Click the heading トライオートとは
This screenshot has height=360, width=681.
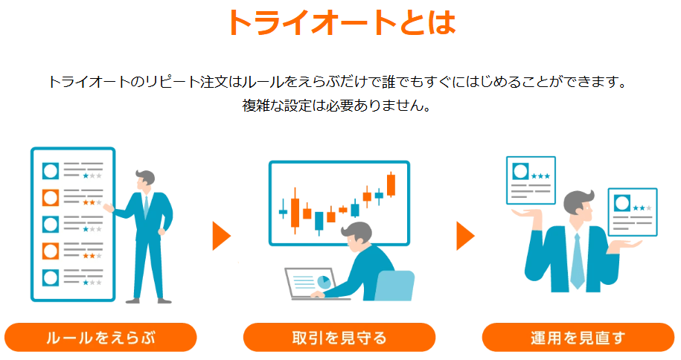point(339,23)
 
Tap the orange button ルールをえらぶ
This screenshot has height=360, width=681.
point(100,338)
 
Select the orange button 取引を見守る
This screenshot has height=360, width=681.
point(339,338)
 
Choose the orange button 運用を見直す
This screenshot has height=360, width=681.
point(578,338)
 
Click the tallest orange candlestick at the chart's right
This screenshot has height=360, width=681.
point(391,184)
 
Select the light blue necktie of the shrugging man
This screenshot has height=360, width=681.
point(578,260)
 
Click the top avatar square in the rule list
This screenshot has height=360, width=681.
point(51,171)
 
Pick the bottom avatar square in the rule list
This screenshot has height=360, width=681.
point(51,277)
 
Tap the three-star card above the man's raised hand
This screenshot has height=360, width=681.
point(531,179)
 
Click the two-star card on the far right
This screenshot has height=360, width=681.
point(632,211)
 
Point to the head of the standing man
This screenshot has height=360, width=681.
point(144,180)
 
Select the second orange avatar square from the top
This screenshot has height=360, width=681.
point(51,251)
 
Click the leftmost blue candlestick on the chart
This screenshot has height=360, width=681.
point(283,211)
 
